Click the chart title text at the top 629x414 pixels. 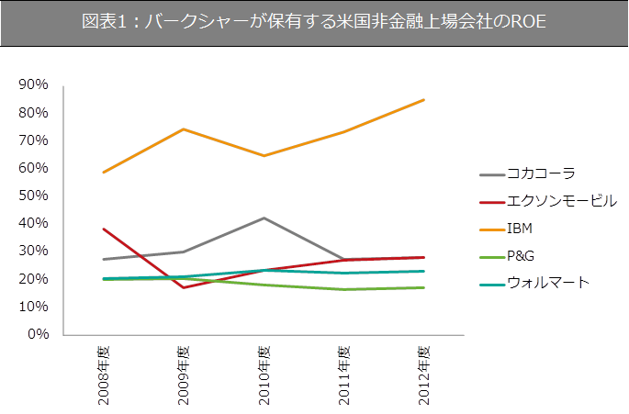point(314,23)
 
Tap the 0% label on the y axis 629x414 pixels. point(38,334)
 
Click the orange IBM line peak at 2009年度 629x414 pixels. point(183,129)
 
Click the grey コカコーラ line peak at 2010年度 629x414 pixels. point(264,218)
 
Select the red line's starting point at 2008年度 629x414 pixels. point(103,229)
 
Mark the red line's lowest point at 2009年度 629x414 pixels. point(183,287)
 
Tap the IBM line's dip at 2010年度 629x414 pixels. point(264,156)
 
